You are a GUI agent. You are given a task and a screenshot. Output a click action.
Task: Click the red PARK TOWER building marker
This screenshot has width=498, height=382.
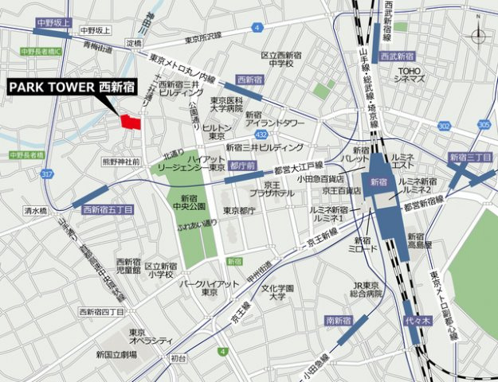tap(131, 123)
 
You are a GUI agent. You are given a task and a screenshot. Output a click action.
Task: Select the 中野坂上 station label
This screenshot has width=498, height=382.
tap(54, 25)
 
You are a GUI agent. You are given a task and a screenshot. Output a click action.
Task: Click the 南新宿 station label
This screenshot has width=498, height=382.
tap(339, 320)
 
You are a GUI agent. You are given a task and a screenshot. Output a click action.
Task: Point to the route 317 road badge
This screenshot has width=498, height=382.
tap(49, 175)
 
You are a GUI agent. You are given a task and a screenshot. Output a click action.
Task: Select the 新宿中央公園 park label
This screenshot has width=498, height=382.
tap(189, 204)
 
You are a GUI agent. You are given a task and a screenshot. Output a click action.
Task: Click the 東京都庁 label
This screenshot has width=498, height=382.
tap(238, 211)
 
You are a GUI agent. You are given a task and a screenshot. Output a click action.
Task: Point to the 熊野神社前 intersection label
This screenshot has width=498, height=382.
tap(121, 162)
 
